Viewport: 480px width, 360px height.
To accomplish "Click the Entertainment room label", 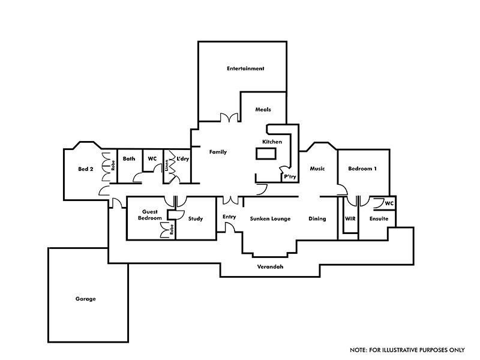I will pyautogui.click(x=245, y=68).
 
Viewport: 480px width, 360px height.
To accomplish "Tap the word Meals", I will pyautogui.click(x=263, y=110).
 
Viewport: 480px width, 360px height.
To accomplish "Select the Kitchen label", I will pyautogui.click(x=272, y=142).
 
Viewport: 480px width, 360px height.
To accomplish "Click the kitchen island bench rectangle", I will pyautogui.click(x=266, y=154).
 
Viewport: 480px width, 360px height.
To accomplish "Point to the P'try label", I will pyautogui.click(x=290, y=177).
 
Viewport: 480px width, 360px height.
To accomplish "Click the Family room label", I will pyautogui.click(x=218, y=152).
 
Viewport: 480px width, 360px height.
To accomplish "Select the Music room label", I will pyautogui.click(x=317, y=169).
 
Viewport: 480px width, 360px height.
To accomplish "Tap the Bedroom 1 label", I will pyautogui.click(x=363, y=169).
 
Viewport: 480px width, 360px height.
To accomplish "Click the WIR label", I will pyautogui.click(x=350, y=219).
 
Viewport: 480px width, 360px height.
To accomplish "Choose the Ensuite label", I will pyautogui.click(x=379, y=219).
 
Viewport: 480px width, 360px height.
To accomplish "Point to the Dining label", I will pyautogui.click(x=317, y=219).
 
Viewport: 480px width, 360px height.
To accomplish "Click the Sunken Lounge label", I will pyautogui.click(x=270, y=219).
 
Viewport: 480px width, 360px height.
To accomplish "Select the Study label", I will pyautogui.click(x=196, y=219).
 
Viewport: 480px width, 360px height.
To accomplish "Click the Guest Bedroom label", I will pyautogui.click(x=150, y=215).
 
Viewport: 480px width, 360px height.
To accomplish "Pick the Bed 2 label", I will pyautogui.click(x=86, y=169).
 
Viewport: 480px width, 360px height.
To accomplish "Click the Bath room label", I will pyautogui.click(x=129, y=159).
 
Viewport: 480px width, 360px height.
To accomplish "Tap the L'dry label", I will pyautogui.click(x=182, y=159).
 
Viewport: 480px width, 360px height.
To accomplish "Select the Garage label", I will pyautogui.click(x=86, y=298).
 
